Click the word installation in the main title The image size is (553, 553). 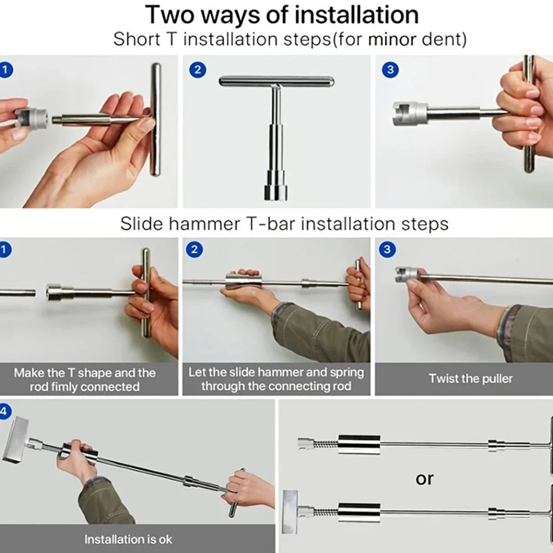(356, 15)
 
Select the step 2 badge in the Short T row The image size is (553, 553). (197, 70)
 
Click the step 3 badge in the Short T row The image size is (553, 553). (390, 70)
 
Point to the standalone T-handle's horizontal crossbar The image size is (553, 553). (276, 81)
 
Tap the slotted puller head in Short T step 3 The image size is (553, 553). (410, 113)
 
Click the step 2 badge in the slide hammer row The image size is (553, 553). (194, 250)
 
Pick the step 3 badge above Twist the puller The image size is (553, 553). (387, 249)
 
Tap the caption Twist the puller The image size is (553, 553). (471, 378)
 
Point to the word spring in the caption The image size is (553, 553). (346, 372)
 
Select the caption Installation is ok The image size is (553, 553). (128, 539)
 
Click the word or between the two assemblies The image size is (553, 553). (424, 479)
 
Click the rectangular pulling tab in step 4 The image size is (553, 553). (15, 440)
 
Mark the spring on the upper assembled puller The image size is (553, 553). (326, 444)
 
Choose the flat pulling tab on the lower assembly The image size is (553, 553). (290, 512)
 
